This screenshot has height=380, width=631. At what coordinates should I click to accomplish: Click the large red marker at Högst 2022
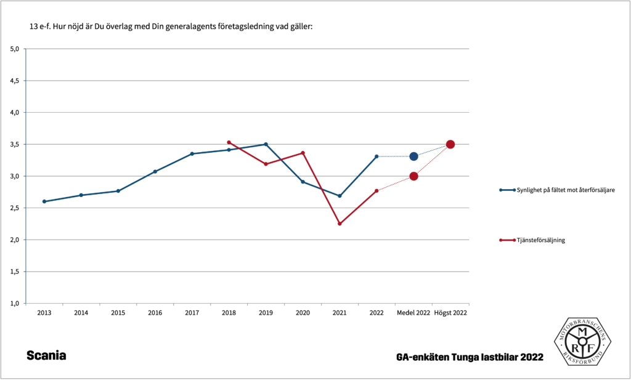click(x=450, y=144)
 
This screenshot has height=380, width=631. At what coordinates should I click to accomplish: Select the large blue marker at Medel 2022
click(x=413, y=156)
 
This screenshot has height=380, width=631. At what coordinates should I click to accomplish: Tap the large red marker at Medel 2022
click(x=413, y=176)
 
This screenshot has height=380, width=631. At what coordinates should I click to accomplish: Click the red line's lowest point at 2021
click(x=340, y=224)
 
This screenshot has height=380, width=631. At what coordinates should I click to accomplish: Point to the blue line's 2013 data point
click(x=44, y=201)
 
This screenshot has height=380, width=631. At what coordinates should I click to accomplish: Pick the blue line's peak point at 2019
click(x=266, y=144)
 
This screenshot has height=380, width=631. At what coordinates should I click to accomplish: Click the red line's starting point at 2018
click(x=229, y=142)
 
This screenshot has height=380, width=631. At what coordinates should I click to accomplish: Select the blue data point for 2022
click(x=377, y=156)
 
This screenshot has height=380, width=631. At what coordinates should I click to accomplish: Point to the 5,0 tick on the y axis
click(x=15, y=49)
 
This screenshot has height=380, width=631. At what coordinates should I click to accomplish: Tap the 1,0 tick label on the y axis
click(x=15, y=303)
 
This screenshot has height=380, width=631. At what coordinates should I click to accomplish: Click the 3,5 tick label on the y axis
click(x=15, y=144)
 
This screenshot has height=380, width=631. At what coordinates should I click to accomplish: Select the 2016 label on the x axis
click(x=155, y=313)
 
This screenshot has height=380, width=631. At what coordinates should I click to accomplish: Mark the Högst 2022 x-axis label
click(x=450, y=313)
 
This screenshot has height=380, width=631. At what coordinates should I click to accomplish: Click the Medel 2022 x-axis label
click(x=413, y=313)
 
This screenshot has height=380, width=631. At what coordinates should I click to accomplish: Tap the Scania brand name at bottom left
click(x=46, y=356)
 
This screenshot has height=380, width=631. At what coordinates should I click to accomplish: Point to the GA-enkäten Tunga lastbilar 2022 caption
click(x=470, y=357)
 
